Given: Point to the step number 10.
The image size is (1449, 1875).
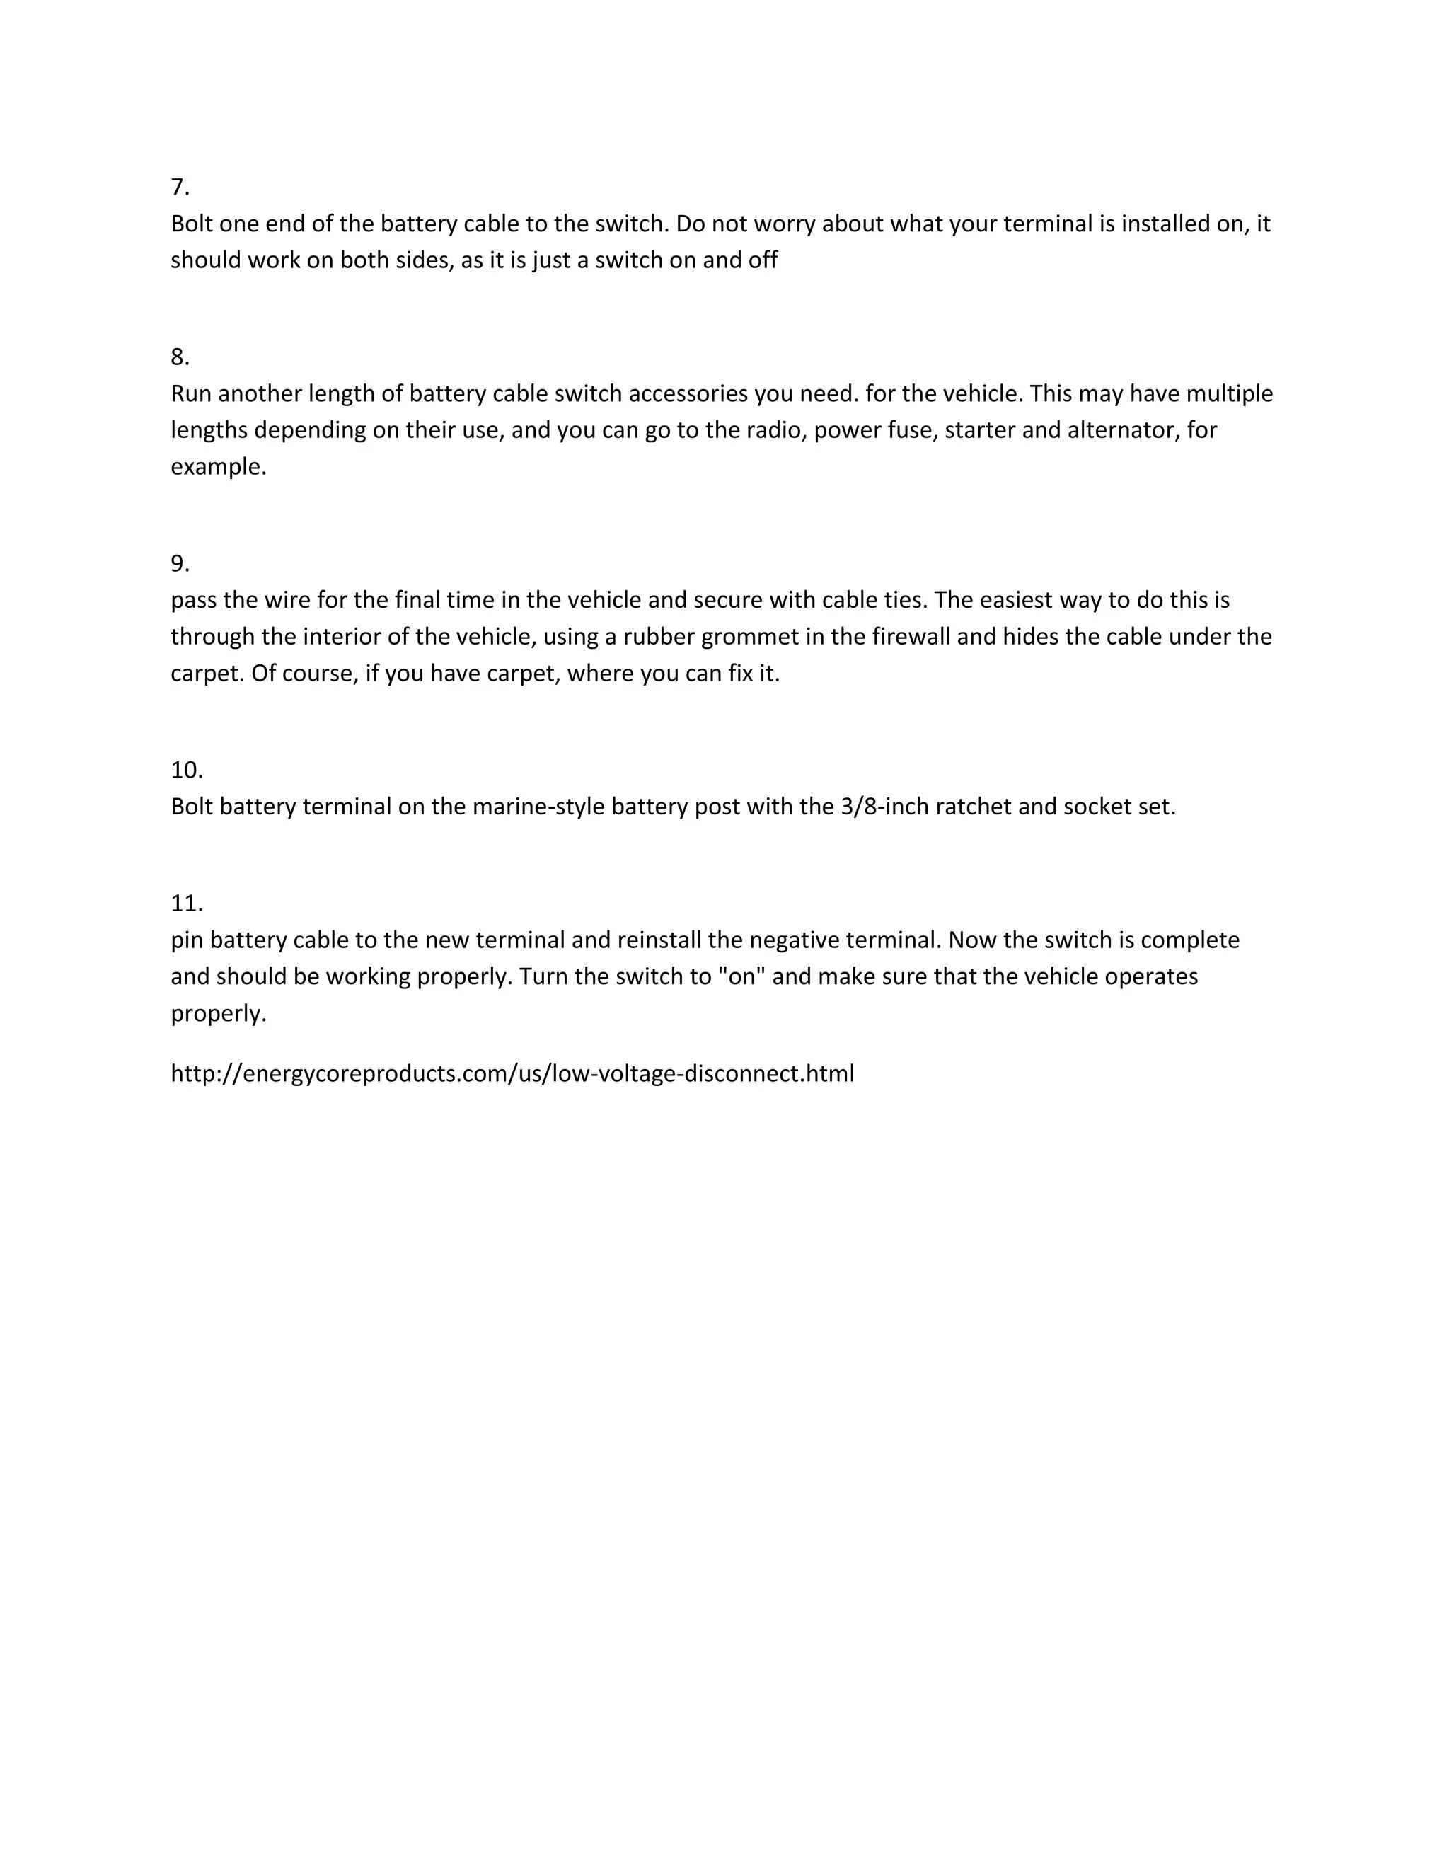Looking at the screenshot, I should (x=186, y=770).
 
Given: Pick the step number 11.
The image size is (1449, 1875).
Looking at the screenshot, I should (x=186, y=903).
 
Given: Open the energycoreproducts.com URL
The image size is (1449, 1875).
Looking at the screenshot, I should (x=512, y=1074).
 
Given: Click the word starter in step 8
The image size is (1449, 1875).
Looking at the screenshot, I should (x=979, y=430).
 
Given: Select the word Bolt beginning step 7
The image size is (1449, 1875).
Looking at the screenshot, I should (x=193, y=224).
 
